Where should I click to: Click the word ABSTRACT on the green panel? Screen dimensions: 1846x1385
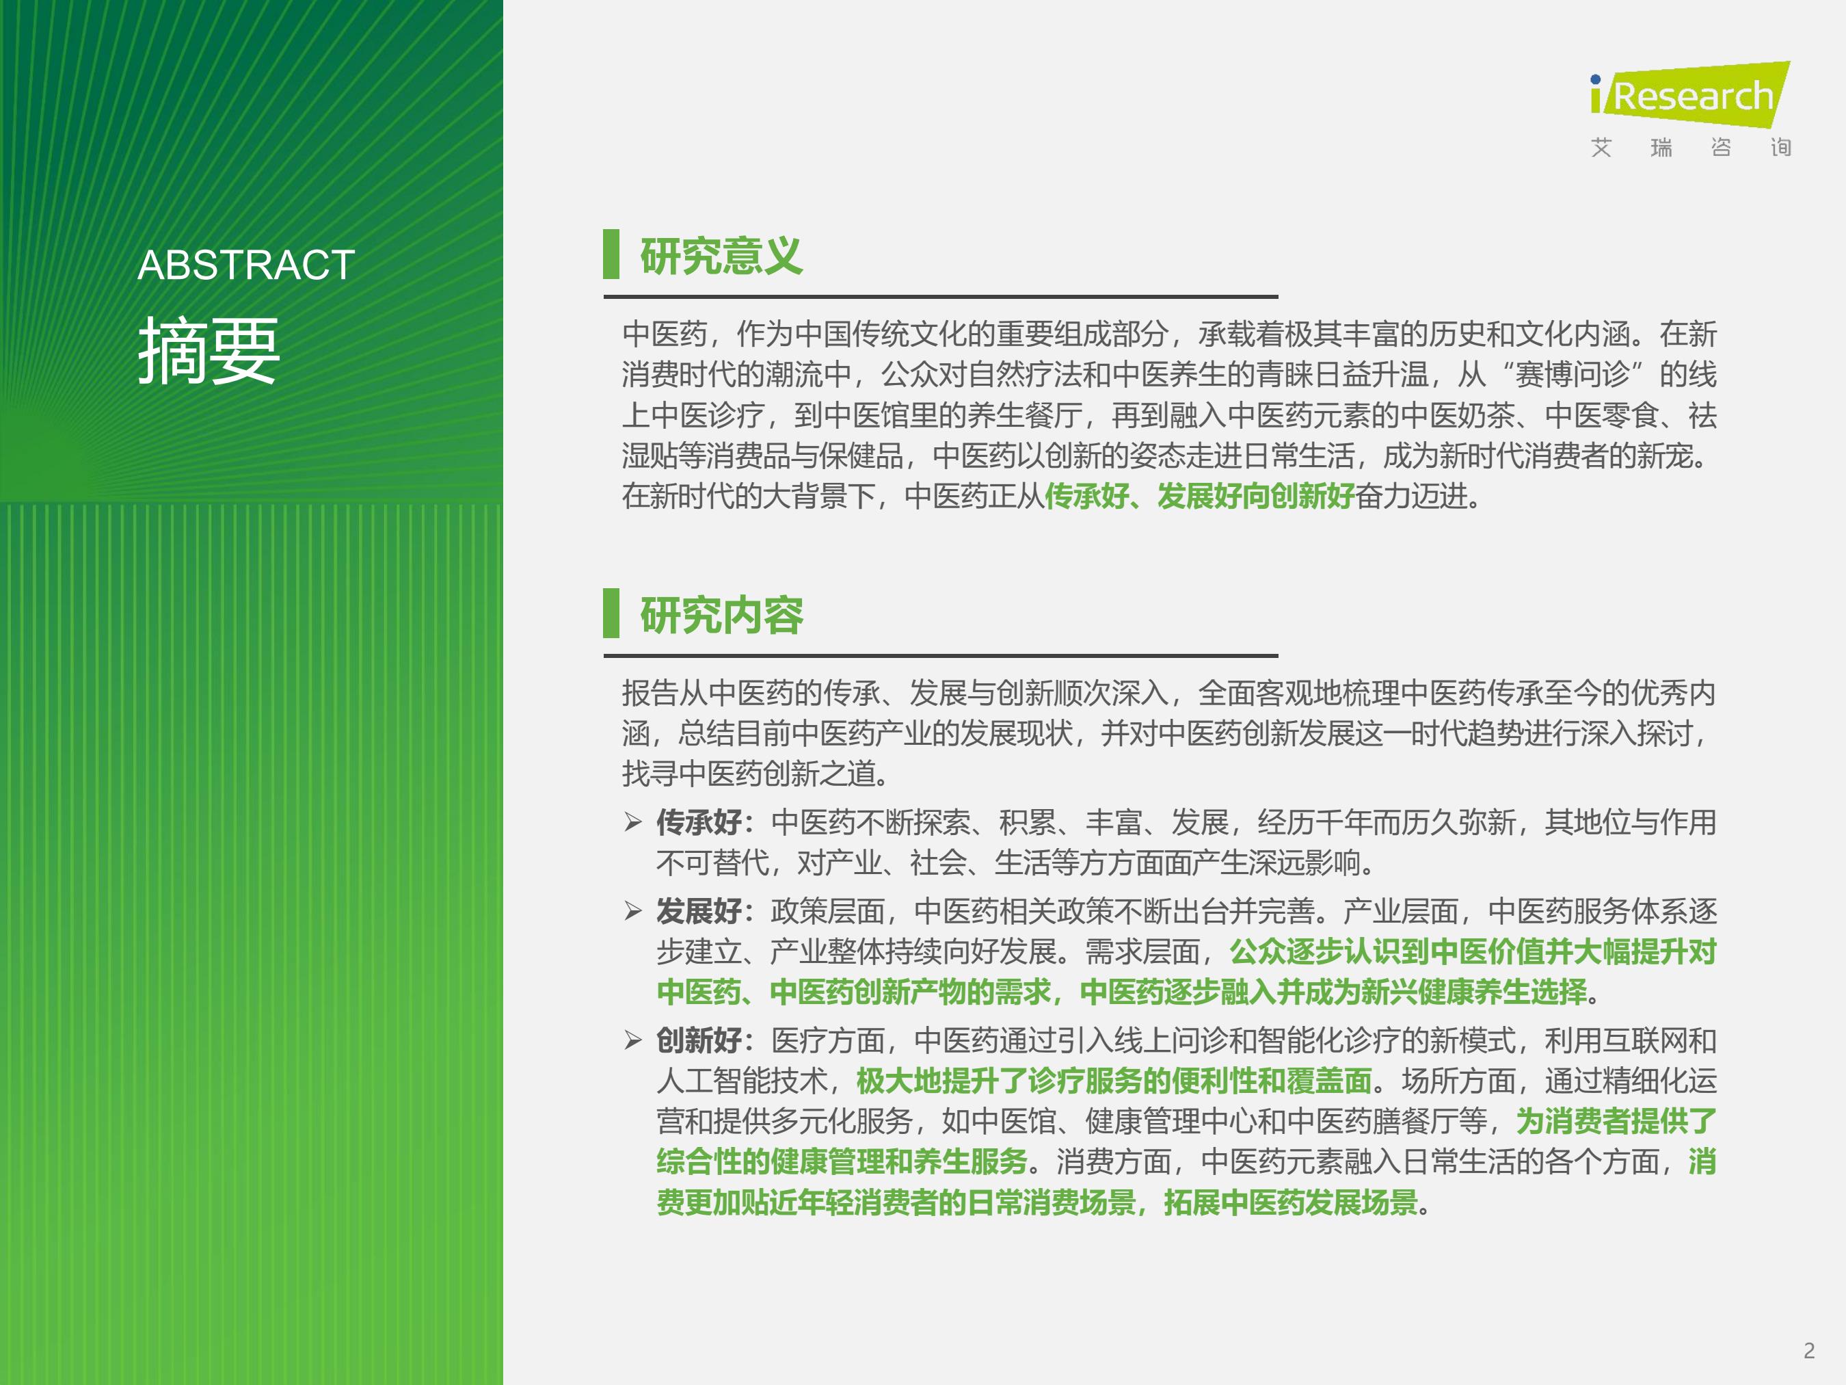(246, 265)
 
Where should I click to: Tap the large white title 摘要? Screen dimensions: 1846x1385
(209, 351)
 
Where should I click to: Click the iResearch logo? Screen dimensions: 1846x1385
(1690, 94)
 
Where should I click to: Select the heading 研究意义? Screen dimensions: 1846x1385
(721, 256)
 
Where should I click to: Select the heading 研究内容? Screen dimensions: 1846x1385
(721, 616)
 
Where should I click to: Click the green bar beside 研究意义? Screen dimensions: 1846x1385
(611, 254)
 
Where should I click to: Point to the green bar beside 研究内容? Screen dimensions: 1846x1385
(611, 613)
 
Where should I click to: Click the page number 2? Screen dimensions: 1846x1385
(1809, 1351)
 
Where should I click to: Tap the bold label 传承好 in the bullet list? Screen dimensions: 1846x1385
(699, 822)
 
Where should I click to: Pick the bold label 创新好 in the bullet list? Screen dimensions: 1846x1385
(699, 1040)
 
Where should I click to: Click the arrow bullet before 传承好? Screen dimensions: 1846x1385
(633, 822)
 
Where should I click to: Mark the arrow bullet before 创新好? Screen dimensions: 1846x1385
(633, 1040)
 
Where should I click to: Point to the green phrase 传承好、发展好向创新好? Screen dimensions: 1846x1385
(1200, 496)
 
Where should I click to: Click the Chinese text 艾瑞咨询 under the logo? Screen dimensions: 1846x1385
(1691, 148)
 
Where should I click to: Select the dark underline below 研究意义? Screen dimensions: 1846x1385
(941, 296)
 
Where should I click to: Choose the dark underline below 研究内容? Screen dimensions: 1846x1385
(941, 656)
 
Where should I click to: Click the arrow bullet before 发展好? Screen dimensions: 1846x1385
(633, 911)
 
